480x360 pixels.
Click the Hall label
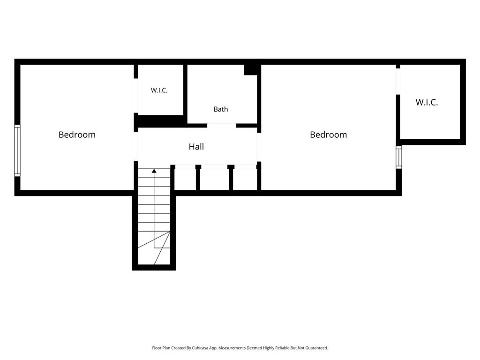[x=196, y=147]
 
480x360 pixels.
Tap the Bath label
[x=221, y=109]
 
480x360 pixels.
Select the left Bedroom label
[x=77, y=135]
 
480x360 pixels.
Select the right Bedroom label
[x=329, y=135]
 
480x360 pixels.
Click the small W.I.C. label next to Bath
[x=159, y=90]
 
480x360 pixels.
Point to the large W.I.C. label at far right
[x=427, y=102]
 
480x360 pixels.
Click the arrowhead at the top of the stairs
[x=154, y=171]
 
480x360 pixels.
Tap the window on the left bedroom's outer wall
[x=17, y=150]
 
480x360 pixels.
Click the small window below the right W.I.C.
[x=398, y=157]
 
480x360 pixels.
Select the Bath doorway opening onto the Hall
[x=222, y=126]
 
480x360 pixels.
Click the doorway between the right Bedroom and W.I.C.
[x=398, y=82]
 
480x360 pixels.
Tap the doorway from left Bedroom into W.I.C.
[x=136, y=96]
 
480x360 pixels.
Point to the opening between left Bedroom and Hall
[x=136, y=147]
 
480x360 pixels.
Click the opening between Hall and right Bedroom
[x=259, y=147]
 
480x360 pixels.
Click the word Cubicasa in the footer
[x=200, y=348]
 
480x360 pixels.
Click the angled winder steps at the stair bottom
[x=154, y=248]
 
